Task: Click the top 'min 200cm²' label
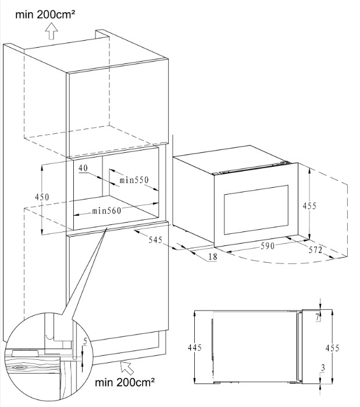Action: pyautogui.click(x=45, y=15)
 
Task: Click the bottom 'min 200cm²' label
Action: pyautogui.click(x=125, y=382)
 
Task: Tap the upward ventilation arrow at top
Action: pyautogui.click(x=51, y=31)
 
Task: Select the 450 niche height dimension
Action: pyautogui.click(x=42, y=197)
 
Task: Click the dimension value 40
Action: pyautogui.click(x=83, y=168)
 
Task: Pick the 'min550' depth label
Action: pyautogui.click(x=134, y=180)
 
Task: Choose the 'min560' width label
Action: pyautogui.click(x=106, y=210)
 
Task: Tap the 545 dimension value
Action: pyautogui.click(x=155, y=240)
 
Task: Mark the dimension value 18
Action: pyautogui.click(x=212, y=257)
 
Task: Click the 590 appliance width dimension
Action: pyautogui.click(x=268, y=246)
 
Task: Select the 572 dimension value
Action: pyautogui.click(x=315, y=250)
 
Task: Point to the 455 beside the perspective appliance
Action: pyautogui.click(x=309, y=206)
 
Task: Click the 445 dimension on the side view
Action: pyautogui.click(x=194, y=348)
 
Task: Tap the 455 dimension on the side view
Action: pyautogui.click(x=332, y=348)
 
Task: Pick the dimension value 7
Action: pyautogui.click(x=317, y=317)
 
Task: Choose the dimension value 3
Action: pyautogui.click(x=323, y=368)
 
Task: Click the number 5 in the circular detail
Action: pyautogui.click(x=85, y=341)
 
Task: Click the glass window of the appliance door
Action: pyautogui.click(x=256, y=209)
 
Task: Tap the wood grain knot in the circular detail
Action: pyautogui.click(x=19, y=367)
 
